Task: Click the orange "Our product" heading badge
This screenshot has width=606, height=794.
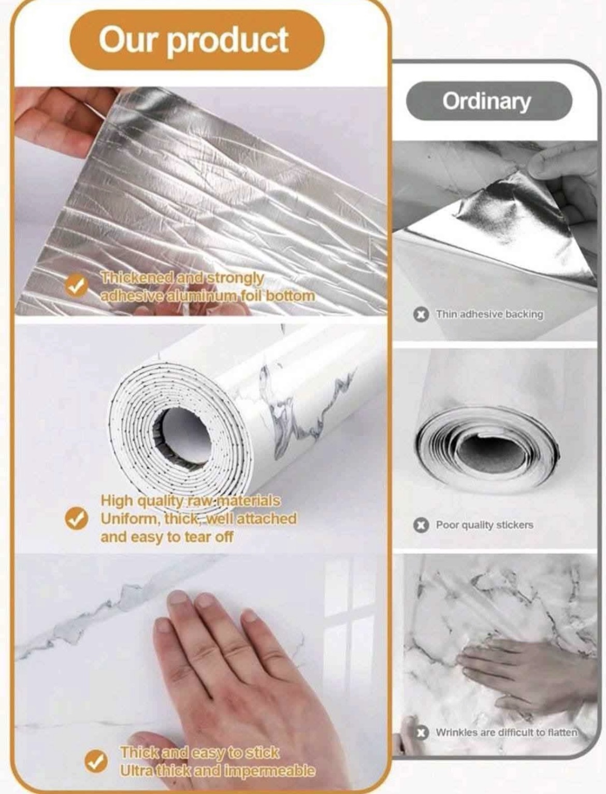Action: [x=197, y=39]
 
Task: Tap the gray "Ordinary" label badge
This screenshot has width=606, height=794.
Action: [x=489, y=101]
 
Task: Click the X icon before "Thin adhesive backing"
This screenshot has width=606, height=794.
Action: [x=419, y=315]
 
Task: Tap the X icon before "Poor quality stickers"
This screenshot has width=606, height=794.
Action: [x=419, y=525]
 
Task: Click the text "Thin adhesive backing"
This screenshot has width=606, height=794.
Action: [x=489, y=314]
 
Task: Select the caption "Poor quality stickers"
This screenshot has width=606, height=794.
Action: [x=485, y=525]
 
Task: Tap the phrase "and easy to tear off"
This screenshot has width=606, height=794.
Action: [x=167, y=537]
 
